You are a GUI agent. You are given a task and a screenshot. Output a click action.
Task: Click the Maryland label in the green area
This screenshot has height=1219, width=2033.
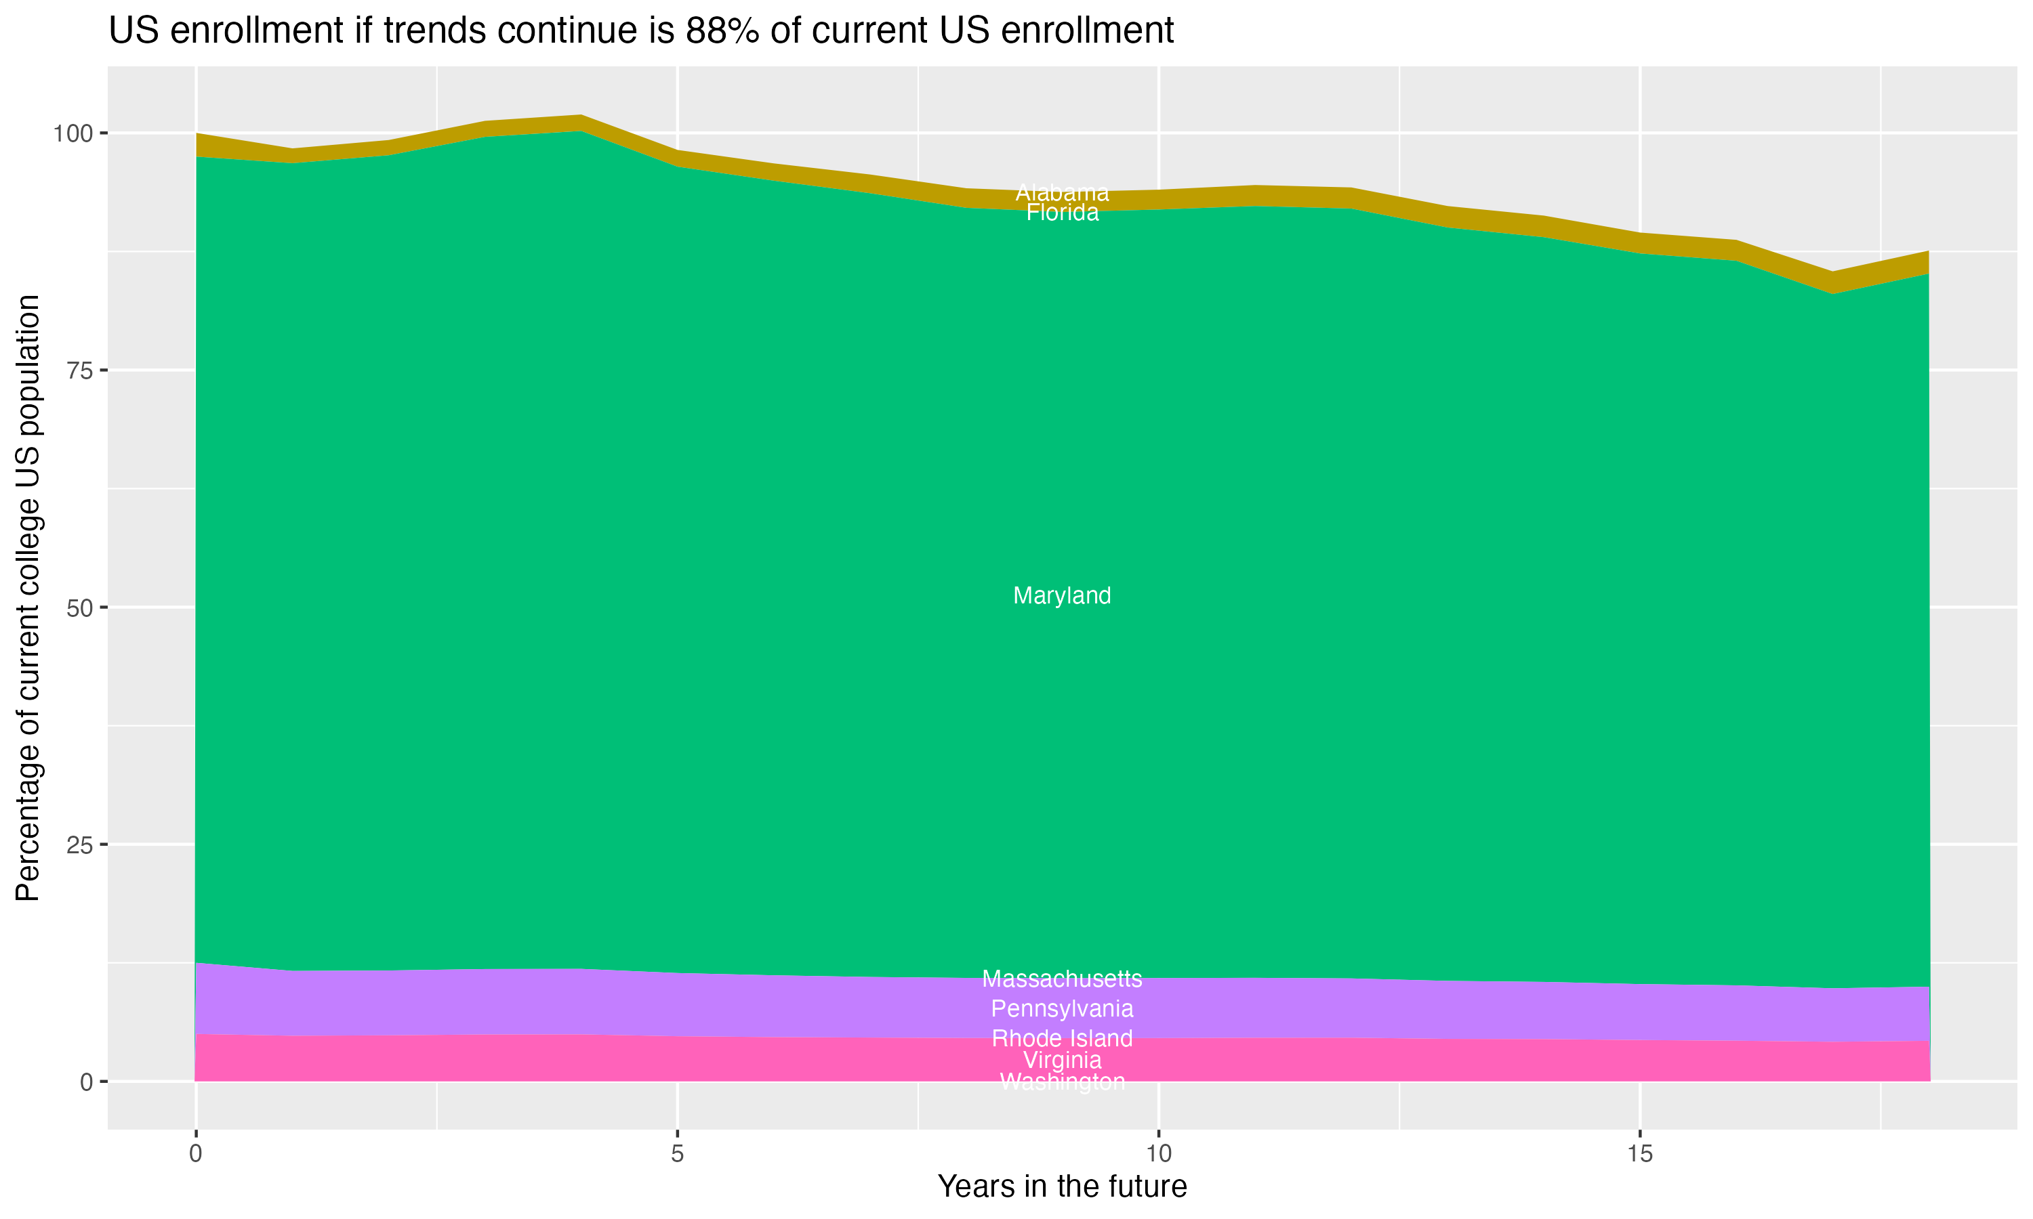click(1062, 595)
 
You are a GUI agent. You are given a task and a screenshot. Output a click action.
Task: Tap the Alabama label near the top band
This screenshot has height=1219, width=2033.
click(1062, 193)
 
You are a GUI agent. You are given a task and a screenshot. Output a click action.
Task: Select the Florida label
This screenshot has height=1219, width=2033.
click(1062, 213)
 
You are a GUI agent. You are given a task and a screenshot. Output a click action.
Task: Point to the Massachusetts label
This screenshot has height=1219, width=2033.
click(1062, 979)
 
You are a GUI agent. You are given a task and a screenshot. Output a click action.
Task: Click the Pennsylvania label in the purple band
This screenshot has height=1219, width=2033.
click(1062, 1008)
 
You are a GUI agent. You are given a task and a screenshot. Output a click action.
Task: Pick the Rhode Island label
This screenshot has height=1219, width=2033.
click(1062, 1038)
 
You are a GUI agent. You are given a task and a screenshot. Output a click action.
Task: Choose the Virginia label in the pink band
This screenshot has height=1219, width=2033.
click(1062, 1060)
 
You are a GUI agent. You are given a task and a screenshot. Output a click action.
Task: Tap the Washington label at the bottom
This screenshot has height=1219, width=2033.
click(1062, 1082)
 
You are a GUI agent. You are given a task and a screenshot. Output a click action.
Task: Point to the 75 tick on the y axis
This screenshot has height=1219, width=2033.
click(81, 370)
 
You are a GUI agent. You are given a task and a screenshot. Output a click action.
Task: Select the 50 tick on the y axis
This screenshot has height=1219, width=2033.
click(81, 608)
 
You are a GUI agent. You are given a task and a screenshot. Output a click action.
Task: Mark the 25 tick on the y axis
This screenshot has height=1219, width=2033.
click(81, 844)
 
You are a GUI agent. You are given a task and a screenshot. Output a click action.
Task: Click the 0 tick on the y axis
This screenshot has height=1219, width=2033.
click(86, 1082)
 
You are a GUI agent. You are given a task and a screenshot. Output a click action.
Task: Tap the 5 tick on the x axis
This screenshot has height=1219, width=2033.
click(677, 1154)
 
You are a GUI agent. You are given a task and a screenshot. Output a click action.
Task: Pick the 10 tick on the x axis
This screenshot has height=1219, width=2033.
click(1158, 1154)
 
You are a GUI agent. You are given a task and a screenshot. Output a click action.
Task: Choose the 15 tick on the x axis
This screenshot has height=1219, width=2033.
click(1639, 1154)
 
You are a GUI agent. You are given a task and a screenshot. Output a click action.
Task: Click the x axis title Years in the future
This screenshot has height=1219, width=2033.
click(1062, 1186)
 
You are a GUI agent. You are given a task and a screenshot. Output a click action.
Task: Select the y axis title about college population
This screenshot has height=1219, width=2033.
click(28, 598)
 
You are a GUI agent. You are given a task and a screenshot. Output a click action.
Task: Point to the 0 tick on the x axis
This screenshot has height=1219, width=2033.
click(196, 1154)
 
